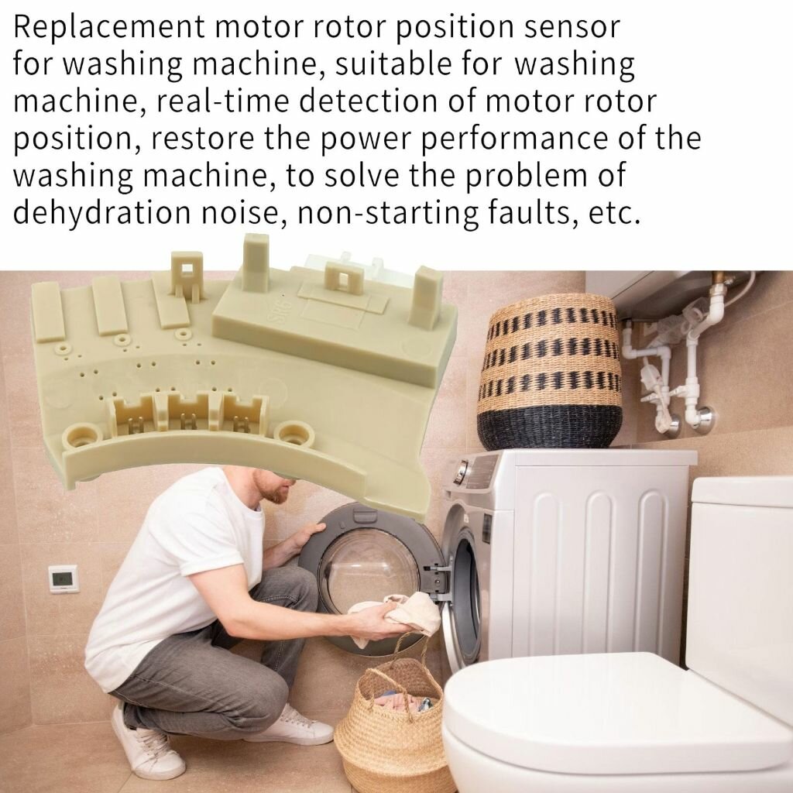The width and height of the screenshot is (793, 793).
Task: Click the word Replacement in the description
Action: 108,27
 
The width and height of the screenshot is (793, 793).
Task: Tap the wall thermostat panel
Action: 64,578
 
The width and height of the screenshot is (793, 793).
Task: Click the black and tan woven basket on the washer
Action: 551,372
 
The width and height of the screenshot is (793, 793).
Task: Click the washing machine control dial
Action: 460,472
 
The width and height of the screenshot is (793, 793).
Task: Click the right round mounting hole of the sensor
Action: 292,434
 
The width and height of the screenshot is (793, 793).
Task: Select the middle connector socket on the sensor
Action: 187,411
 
